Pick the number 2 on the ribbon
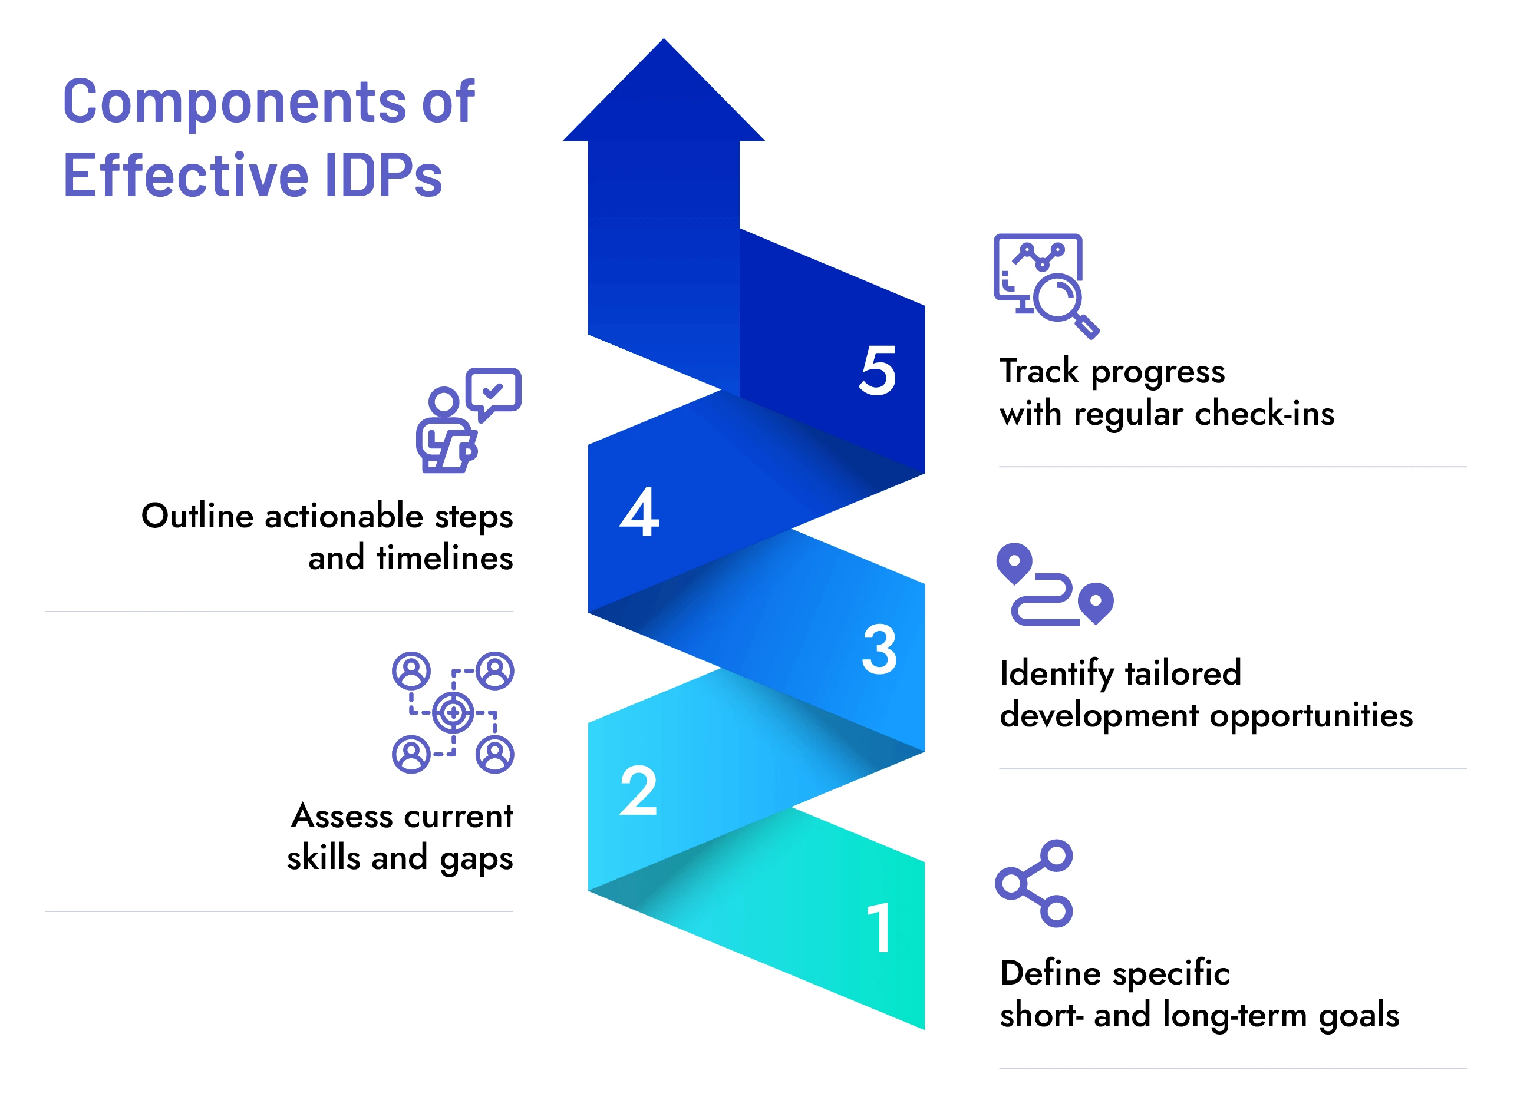coord(638,791)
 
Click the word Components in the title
coord(235,102)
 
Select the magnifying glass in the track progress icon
coord(1058,299)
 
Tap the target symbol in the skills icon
coord(453,712)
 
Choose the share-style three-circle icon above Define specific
coord(1034,883)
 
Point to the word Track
coord(1038,371)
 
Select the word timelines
coord(444,558)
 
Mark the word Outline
coord(197,516)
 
